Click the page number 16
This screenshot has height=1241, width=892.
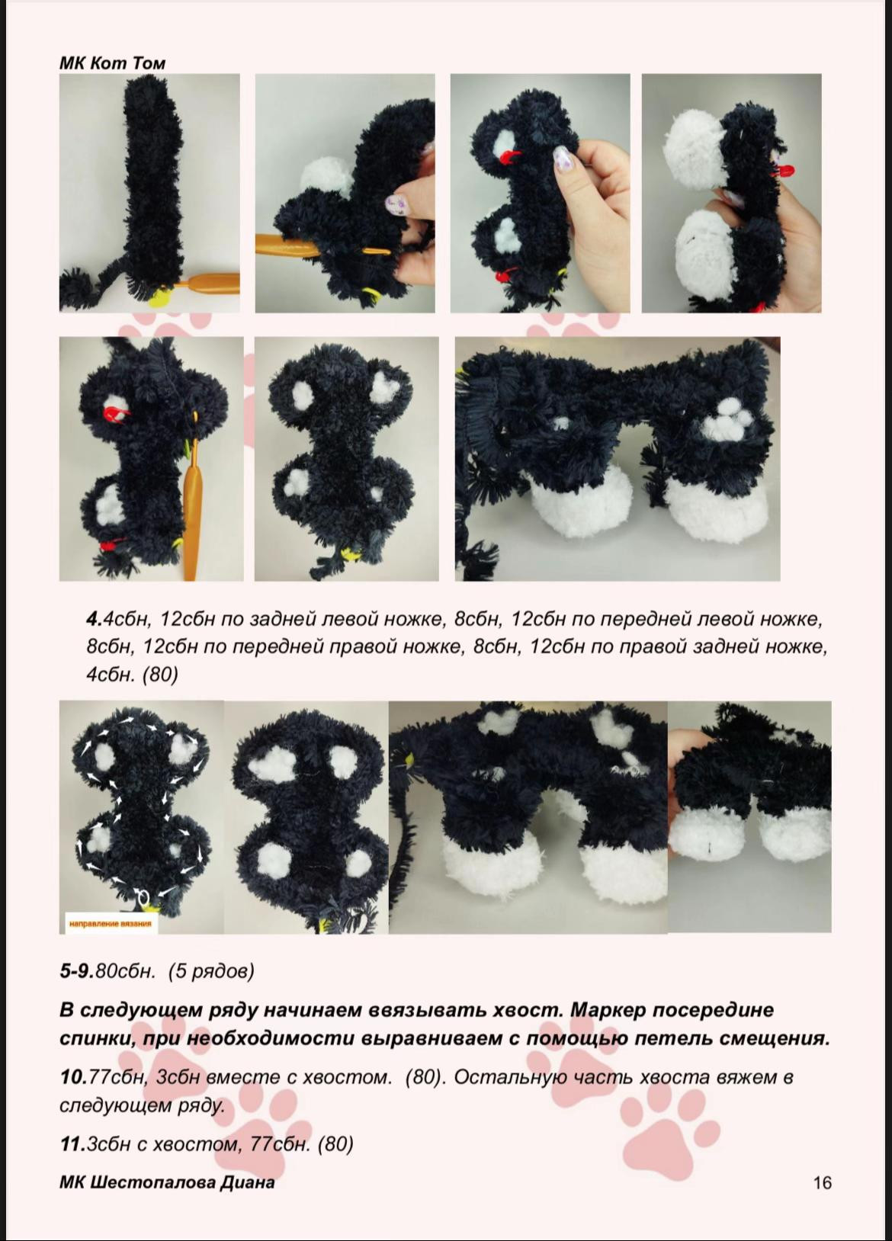pyautogui.click(x=822, y=1182)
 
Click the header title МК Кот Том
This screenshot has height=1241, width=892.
pyautogui.click(x=112, y=63)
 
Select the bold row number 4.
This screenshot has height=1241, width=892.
pyautogui.click(x=91, y=619)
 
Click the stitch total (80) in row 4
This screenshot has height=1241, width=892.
pyautogui.click(x=159, y=675)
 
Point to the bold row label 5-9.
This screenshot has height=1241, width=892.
pyautogui.click(x=76, y=971)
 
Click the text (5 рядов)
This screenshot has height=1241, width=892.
pyautogui.click(x=211, y=971)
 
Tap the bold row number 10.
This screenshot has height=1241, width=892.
pyautogui.click(x=72, y=1077)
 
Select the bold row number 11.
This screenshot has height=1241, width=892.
pyautogui.click(x=72, y=1143)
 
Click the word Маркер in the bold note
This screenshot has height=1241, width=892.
pyautogui.click(x=605, y=1010)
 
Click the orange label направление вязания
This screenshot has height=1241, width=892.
pyautogui.click(x=110, y=924)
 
